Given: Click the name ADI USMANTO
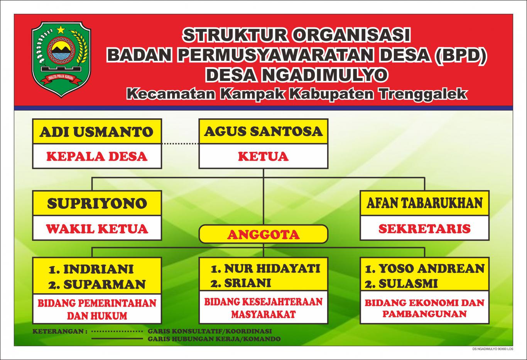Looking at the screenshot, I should pos(96,132).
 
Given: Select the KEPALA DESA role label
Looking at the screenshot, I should pos(97,156).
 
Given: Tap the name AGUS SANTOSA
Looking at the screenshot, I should pos(263,131).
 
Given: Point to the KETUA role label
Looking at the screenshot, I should pos(263,156).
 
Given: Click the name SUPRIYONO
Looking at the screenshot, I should pos(97,203).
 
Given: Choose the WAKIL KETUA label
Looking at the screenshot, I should pos(97,229).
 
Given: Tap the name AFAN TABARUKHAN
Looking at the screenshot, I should pos(424,203).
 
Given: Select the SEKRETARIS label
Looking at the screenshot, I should pos(424,229).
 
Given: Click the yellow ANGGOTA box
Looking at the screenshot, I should pos(263,234).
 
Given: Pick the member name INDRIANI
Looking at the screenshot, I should pos(98,269).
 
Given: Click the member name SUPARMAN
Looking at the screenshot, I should pos(104,284).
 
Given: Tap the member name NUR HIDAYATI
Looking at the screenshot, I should pos(272,268).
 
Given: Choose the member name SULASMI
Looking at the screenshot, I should pos(408,284).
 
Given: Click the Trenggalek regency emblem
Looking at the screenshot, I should pos(61,58).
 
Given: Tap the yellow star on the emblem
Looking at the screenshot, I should pos(61,29).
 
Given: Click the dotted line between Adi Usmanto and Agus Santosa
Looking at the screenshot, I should pos(180,144).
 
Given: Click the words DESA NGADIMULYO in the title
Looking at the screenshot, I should pos(296,74).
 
